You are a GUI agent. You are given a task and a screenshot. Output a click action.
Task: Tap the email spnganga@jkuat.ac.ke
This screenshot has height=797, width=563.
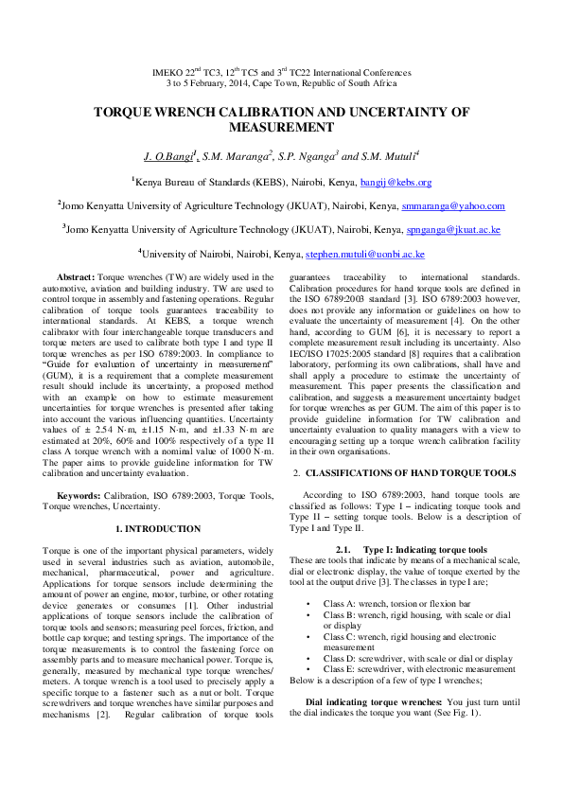453,230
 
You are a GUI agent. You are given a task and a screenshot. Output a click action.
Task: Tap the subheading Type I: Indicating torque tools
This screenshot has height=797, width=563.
412,549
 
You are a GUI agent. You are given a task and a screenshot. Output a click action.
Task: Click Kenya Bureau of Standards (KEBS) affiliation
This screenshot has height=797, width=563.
215,182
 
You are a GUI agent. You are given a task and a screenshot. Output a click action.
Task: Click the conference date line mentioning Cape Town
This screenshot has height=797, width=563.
281,83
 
